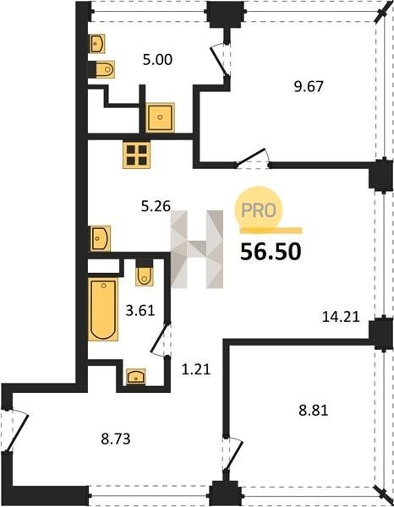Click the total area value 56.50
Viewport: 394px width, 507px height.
coord(271,252)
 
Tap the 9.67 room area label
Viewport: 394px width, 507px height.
coord(309,87)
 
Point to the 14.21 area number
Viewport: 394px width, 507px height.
coord(341,317)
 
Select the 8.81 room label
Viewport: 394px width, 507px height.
coord(313,411)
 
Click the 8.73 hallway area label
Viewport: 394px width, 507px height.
coord(116,439)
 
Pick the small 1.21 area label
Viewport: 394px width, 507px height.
coord(196,369)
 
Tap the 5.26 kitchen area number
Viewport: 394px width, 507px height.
coord(156,206)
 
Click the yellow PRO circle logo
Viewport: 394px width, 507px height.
coord(259,210)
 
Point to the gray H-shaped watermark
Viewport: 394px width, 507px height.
coord(197,249)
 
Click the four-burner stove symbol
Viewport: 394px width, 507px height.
coord(136,155)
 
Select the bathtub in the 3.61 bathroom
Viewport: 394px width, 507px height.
coord(103,309)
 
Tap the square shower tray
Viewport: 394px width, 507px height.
coord(160,117)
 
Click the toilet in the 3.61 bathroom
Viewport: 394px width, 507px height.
coord(145,272)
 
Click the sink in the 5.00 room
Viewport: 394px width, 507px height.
coord(96,44)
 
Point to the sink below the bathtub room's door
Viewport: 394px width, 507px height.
coord(136,376)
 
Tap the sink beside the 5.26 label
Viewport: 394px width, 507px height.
coord(99,238)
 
